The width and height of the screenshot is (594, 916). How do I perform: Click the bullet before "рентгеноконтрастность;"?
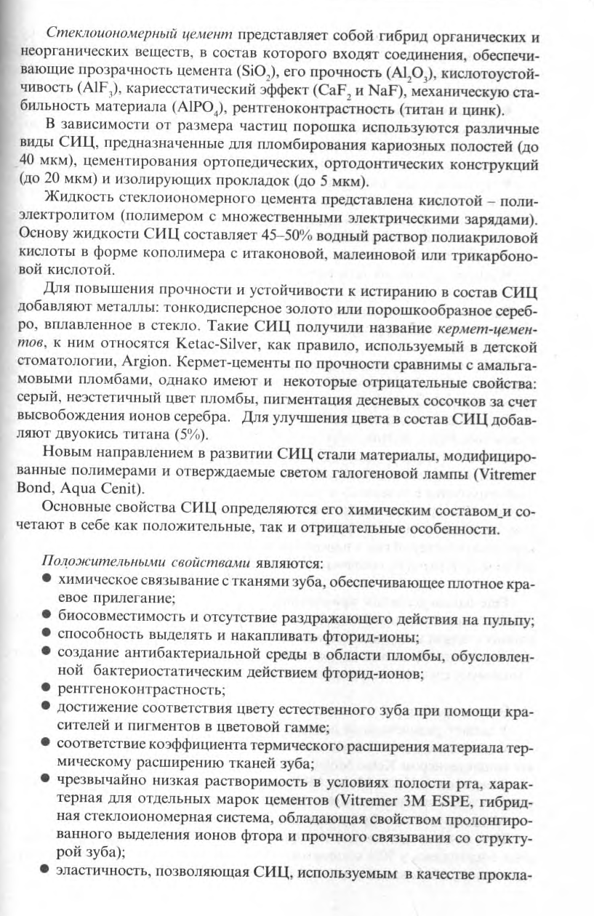pyautogui.click(x=46, y=687)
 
